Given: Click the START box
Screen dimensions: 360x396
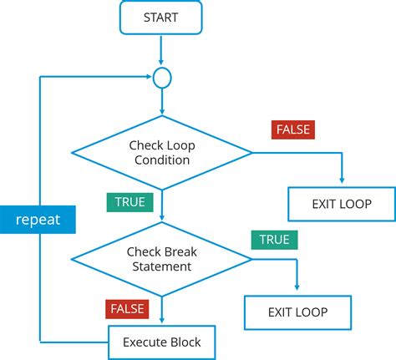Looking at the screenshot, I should click(x=160, y=18).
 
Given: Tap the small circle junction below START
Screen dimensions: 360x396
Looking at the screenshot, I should click(x=161, y=78).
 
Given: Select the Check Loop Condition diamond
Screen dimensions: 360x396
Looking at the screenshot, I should click(x=161, y=152).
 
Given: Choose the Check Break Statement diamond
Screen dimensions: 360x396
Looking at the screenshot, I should click(x=161, y=259).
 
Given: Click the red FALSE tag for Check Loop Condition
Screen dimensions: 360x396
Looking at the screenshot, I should click(x=292, y=130).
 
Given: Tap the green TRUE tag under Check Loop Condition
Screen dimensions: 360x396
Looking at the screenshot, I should click(x=127, y=202).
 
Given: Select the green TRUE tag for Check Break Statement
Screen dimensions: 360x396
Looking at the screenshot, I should click(x=272, y=240).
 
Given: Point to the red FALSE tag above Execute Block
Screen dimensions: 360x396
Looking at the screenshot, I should click(x=127, y=309).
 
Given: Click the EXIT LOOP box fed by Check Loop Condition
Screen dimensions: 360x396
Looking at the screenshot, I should click(x=341, y=203).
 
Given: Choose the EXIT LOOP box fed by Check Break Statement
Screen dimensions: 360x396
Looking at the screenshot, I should click(x=297, y=312).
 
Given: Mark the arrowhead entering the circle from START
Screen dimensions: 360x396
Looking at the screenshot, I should click(x=161, y=64).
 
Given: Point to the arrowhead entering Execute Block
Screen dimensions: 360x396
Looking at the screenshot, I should click(x=161, y=321).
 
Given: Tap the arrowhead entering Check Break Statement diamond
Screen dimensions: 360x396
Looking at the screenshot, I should click(x=161, y=219).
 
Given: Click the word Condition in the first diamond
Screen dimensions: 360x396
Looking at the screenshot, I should click(x=162, y=160).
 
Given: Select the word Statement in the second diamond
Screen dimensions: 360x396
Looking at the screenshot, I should click(x=162, y=267).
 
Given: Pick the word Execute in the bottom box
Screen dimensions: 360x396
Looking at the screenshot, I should click(x=142, y=342).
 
